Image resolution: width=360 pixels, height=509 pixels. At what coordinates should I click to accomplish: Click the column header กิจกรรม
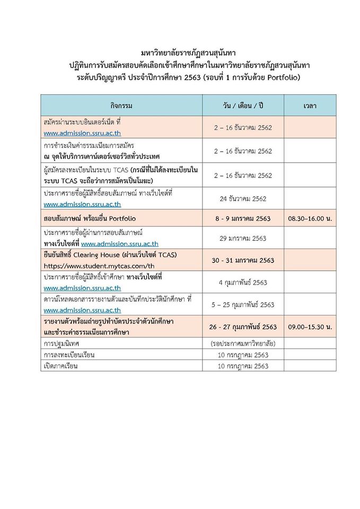click(x=121, y=106)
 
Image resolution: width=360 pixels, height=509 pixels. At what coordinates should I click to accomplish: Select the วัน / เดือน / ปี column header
click(x=243, y=106)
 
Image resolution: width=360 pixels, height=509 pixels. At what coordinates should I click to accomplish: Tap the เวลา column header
click(x=310, y=106)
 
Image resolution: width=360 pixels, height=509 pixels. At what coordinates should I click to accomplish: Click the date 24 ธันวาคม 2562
click(x=243, y=199)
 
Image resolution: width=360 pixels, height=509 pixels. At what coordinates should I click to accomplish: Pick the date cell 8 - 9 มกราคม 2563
click(x=243, y=218)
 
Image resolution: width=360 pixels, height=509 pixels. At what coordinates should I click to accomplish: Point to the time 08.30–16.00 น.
click(x=310, y=218)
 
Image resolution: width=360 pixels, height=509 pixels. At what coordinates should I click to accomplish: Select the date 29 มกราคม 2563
click(x=243, y=238)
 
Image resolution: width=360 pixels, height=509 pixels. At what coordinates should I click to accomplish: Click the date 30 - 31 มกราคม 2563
click(x=243, y=260)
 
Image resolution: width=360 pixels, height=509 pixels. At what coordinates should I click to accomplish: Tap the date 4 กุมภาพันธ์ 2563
click(x=243, y=282)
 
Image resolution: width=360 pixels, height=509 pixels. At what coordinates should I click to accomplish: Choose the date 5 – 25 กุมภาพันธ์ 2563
click(x=243, y=304)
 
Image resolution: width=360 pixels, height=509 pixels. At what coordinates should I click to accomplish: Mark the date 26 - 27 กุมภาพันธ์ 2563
click(x=243, y=327)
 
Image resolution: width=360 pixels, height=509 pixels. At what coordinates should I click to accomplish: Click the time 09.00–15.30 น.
click(x=310, y=327)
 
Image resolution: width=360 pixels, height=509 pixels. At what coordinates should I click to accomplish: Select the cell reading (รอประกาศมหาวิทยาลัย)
click(x=243, y=344)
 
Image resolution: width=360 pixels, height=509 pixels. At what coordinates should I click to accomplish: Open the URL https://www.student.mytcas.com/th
click(x=99, y=266)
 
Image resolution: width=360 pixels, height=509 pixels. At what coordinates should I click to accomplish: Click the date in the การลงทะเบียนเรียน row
click(x=243, y=355)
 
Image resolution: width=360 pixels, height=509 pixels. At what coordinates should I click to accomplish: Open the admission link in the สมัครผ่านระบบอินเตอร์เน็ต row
click(x=82, y=133)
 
